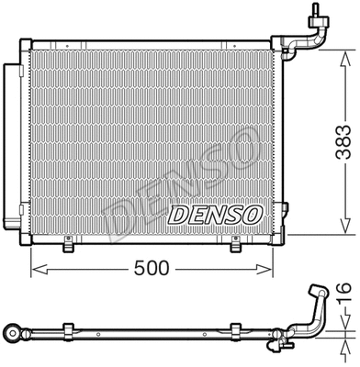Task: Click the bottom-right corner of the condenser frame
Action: [273, 240]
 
